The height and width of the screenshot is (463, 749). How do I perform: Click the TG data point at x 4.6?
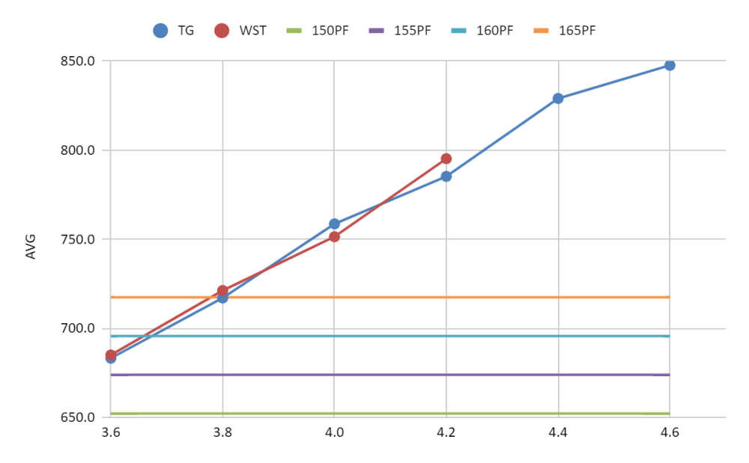click(x=670, y=65)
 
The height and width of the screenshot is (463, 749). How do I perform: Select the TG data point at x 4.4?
click(x=558, y=98)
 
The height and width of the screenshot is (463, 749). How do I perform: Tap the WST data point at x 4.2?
click(x=446, y=159)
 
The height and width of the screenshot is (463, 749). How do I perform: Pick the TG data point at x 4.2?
click(x=446, y=177)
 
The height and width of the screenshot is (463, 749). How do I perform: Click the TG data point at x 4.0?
click(x=334, y=224)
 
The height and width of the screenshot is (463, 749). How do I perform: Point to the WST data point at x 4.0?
click(x=334, y=236)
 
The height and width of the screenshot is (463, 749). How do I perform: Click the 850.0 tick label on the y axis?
click(x=78, y=61)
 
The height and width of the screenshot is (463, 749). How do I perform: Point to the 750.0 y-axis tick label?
click(x=78, y=239)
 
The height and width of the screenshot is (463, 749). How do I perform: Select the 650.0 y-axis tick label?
click(x=78, y=417)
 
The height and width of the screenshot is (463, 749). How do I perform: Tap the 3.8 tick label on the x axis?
click(x=222, y=433)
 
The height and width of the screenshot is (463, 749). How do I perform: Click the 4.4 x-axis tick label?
click(x=558, y=433)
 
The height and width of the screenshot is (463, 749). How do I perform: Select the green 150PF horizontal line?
click(x=389, y=413)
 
